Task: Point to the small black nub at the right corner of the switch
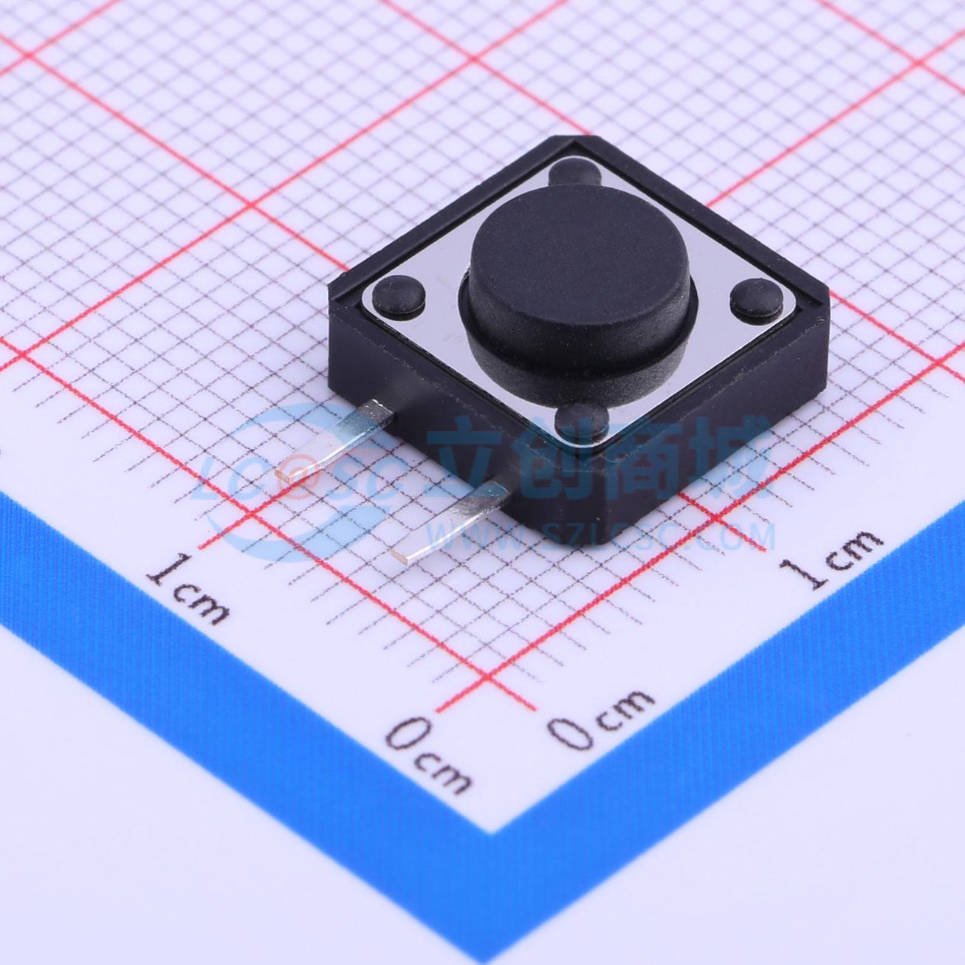click(x=756, y=300)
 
